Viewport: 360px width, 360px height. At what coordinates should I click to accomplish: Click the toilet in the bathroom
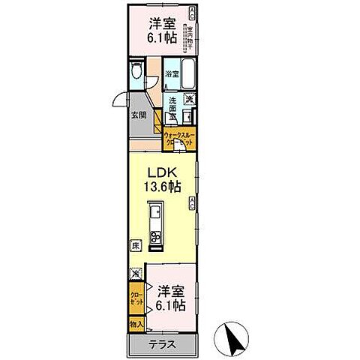tap(136, 73)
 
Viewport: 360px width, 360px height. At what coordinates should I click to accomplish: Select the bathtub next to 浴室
tap(188, 74)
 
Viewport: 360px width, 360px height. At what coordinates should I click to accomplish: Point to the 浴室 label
tap(172, 73)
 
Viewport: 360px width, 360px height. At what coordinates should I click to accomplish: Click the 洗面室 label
tap(172, 108)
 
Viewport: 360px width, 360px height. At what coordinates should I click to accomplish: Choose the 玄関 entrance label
tap(139, 115)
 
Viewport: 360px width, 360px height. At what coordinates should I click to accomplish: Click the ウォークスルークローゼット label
tap(180, 139)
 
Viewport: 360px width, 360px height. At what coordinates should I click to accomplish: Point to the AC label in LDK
tap(193, 201)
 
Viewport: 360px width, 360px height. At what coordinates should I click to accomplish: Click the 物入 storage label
tap(136, 325)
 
